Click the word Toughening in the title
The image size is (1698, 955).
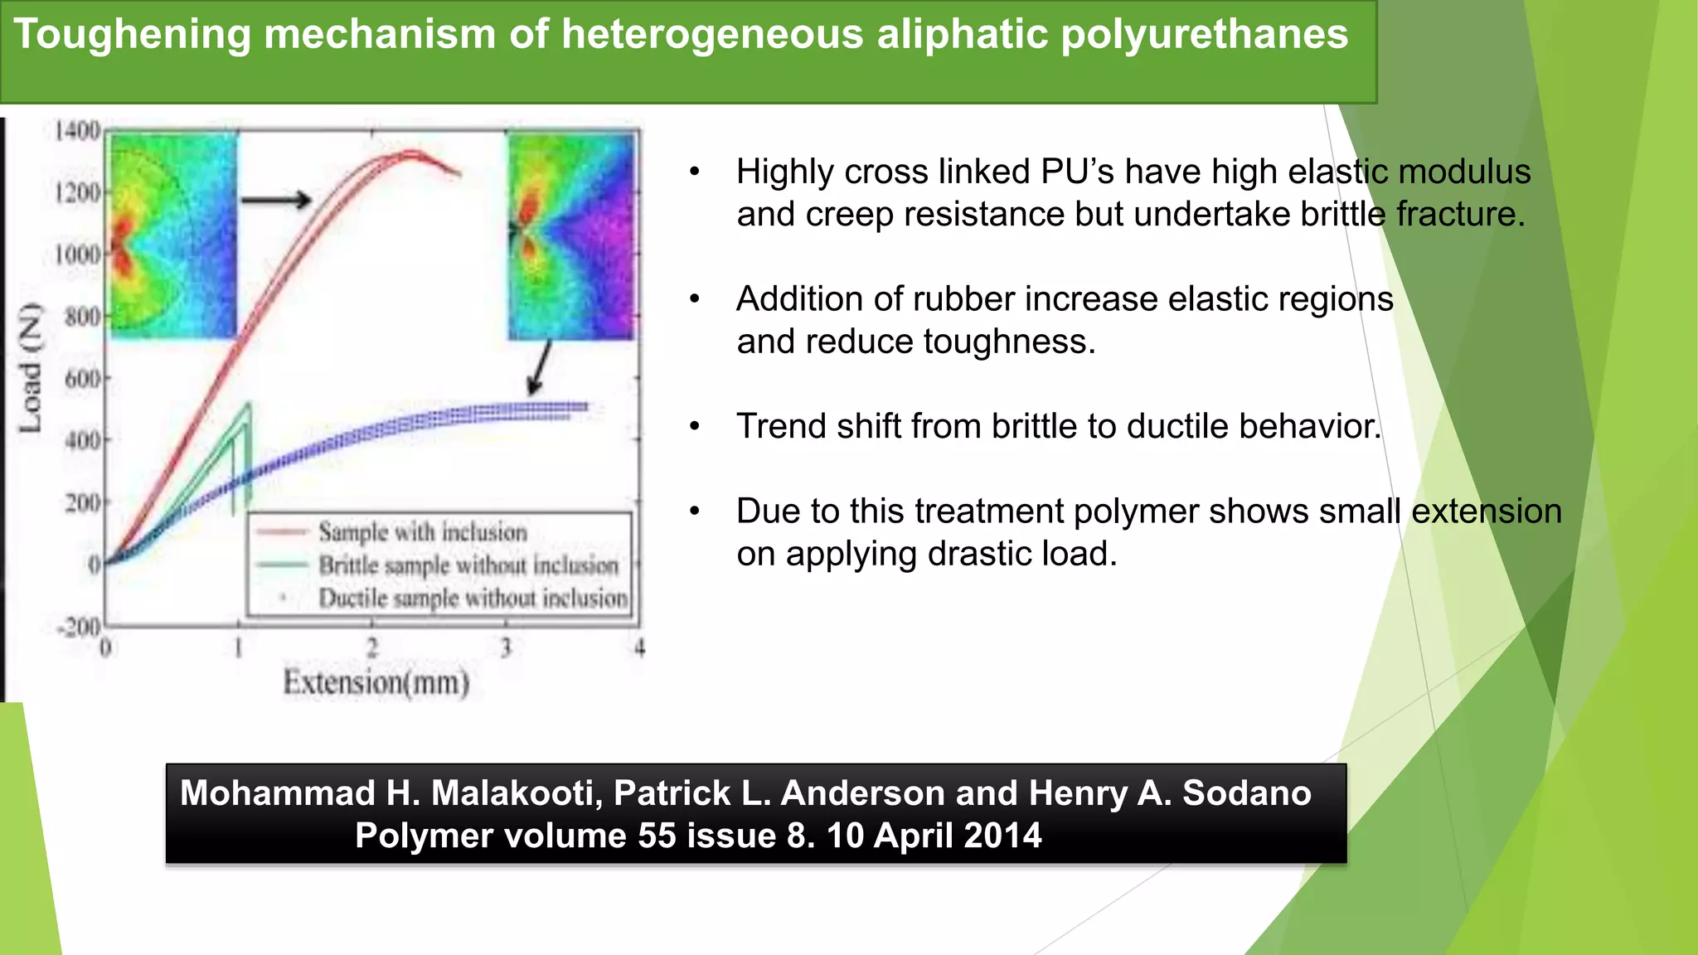(x=132, y=35)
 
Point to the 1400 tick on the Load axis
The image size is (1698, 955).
(x=77, y=131)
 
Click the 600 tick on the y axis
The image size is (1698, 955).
(x=83, y=379)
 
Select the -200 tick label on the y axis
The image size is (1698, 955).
(x=79, y=627)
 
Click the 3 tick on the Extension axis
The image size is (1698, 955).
(x=506, y=647)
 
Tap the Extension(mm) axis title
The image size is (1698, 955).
(x=376, y=683)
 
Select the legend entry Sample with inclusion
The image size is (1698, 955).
(x=422, y=532)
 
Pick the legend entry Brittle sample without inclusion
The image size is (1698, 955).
(x=468, y=565)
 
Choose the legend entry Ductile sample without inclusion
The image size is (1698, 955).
(x=473, y=599)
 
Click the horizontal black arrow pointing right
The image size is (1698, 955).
(x=276, y=200)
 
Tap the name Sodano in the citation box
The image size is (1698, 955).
(x=1246, y=793)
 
